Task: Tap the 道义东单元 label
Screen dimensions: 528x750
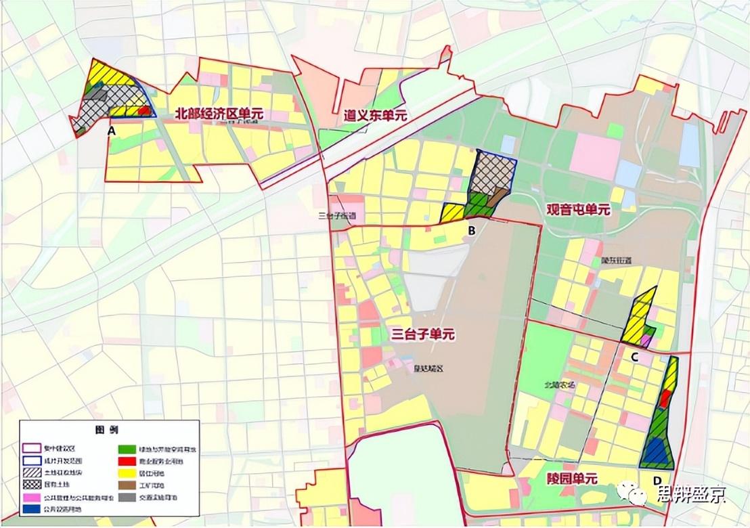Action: (375, 116)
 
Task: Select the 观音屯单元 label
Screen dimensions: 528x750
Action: (579, 210)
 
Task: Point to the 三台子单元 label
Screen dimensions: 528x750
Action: (423, 334)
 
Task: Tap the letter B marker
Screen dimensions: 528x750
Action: (472, 230)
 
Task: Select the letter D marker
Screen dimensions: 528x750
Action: (657, 481)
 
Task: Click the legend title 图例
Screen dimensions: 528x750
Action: (108, 430)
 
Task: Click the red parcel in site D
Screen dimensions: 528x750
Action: (666, 399)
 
